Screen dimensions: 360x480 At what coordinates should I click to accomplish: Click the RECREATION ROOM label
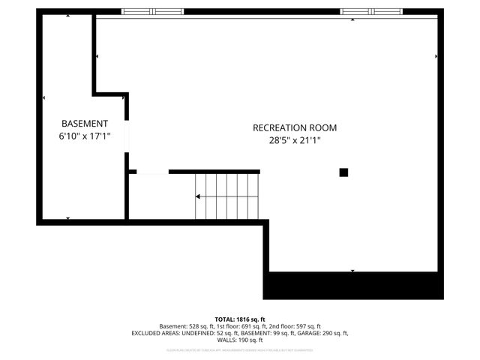294,127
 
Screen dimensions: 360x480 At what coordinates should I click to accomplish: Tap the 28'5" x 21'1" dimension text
294,139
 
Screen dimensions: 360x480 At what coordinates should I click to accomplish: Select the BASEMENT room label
84,124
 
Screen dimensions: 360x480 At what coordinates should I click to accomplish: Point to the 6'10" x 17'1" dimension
84,136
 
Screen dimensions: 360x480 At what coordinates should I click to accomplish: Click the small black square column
343,172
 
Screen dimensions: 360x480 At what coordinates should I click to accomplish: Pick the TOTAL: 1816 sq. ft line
240,319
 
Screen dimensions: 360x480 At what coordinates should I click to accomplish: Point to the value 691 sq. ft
253,326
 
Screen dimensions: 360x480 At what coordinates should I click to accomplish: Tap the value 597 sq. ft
307,326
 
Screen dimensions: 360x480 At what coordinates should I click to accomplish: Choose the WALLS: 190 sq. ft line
240,340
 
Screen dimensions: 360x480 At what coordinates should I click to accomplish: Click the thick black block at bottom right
352,286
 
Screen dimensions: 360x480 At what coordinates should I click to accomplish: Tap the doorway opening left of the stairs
152,172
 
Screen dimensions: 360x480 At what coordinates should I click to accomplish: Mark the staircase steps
227,196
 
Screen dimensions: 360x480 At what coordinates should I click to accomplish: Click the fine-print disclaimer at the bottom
240,349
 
